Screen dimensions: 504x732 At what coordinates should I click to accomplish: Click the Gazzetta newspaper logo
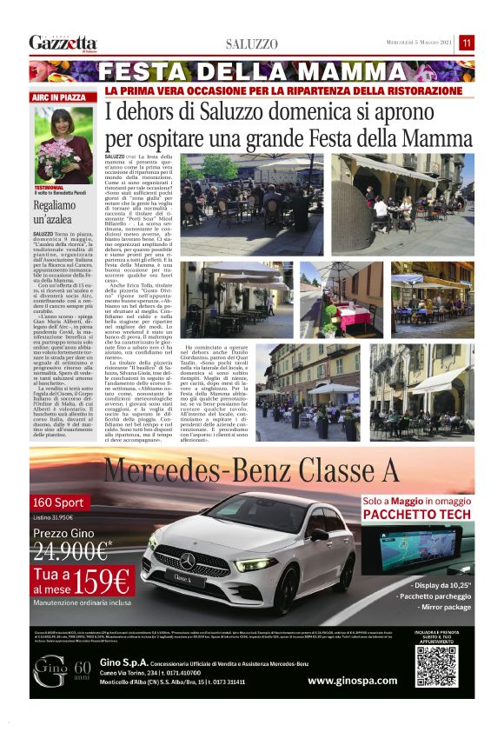[x=63, y=43]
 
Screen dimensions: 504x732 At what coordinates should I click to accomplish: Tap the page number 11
[x=467, y=43]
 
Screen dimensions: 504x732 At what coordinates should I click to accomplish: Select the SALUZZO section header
[x=252, y=43]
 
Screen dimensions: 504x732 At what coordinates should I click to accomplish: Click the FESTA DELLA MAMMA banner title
[x=251, y=71]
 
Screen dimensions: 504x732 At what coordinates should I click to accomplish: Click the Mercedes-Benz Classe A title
[x=251, y=470]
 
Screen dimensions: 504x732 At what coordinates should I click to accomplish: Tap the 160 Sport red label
[x=58, y=502]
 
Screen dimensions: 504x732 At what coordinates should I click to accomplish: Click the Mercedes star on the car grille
[x=188, y=561]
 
